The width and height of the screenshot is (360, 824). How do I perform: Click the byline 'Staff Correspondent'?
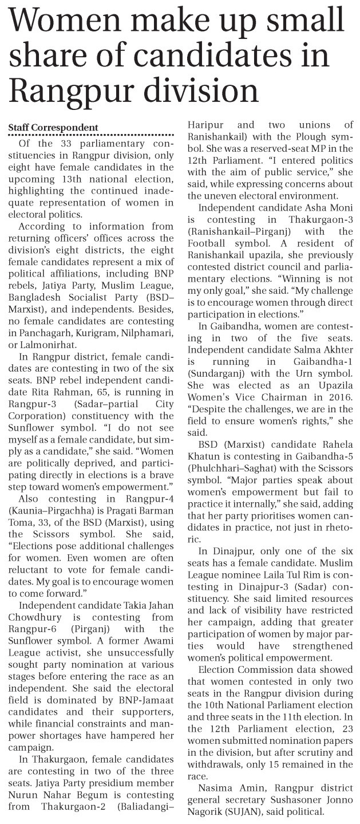[x=53, y=127]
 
